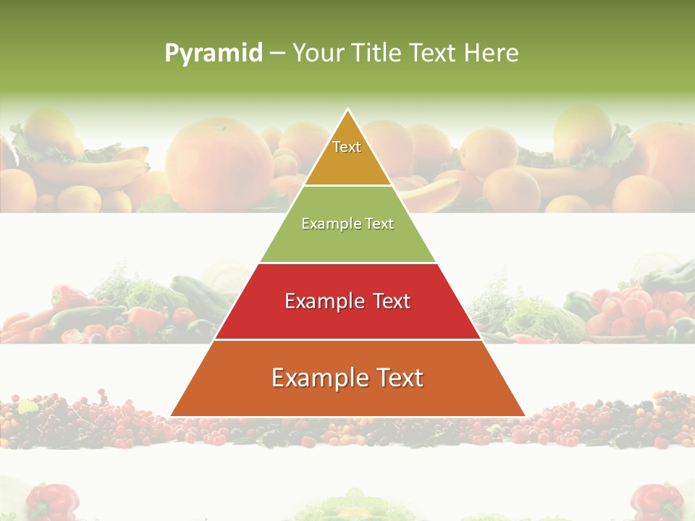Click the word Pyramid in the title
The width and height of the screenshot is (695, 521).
tap(214, 53)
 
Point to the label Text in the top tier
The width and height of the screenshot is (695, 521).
tap(347, 147)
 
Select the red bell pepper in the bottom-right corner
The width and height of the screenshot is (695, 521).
tap(655, 501)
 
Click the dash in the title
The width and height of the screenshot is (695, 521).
tap(277, 53)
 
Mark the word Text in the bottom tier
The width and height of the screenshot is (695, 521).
tap(399, 378)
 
